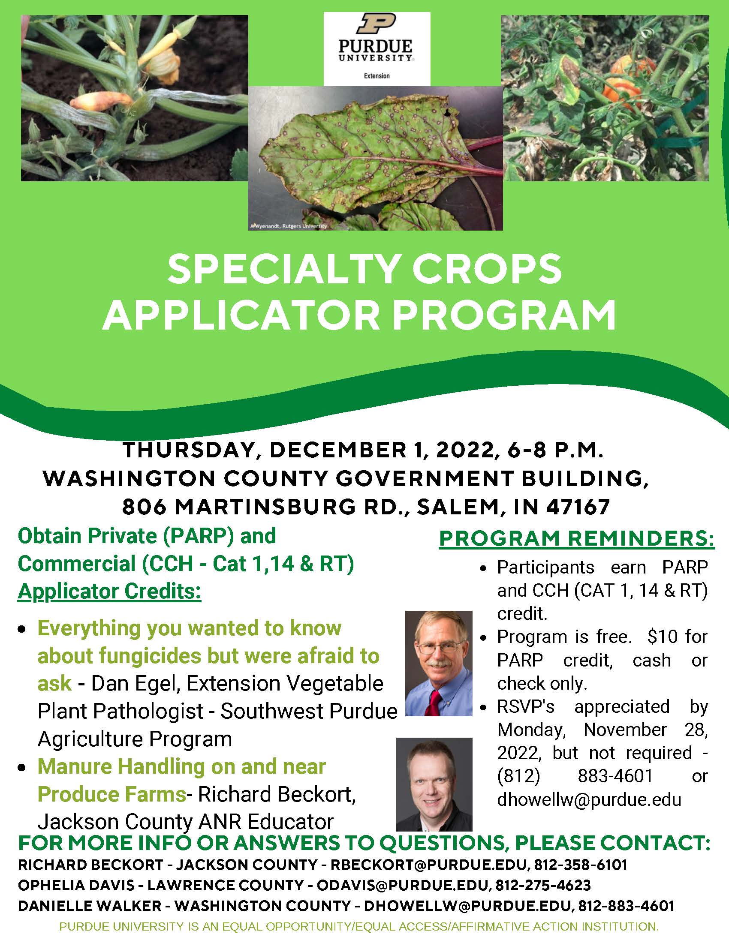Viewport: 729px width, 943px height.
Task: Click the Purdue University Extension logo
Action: click(x=377, y=49)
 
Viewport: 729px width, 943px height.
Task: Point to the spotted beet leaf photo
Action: click(x=375, y=158)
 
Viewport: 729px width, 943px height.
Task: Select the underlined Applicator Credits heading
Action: click(x=109, y=591)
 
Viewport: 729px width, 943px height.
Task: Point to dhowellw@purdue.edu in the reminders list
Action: click(x=589, y=800)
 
